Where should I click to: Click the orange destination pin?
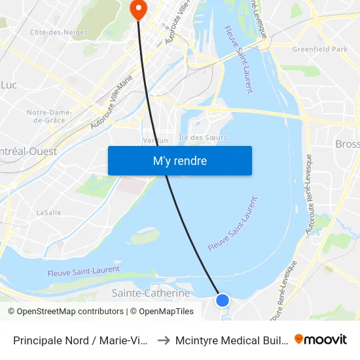[x=139, y=9]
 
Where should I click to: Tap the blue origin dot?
[x=223, y=300]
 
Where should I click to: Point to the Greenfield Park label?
[x=320, y=49]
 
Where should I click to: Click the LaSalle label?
[x=48, y=213]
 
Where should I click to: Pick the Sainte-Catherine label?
[x=151, y=293]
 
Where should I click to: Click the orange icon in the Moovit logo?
[x=299, y=339]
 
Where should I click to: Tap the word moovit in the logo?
[x=325, y=339]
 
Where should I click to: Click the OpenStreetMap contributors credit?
[x=65, y=312]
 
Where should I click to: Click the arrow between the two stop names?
[x=164, y=340]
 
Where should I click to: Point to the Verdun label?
[x=156, y=140]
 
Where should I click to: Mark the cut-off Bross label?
[x=347, y=144]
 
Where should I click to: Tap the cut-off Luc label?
[x=9, y=84]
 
